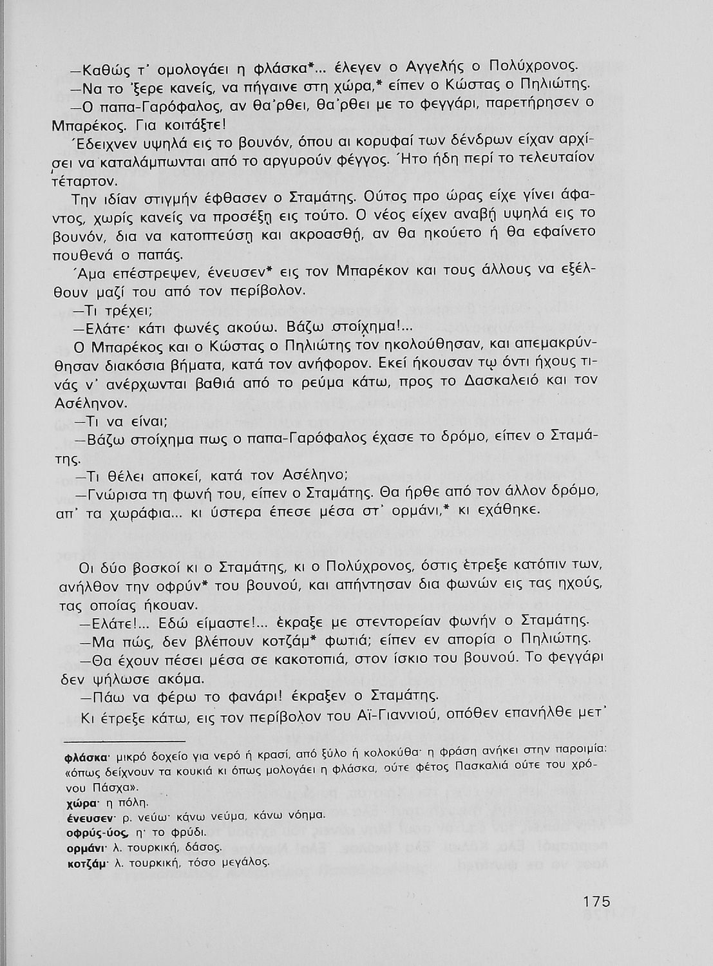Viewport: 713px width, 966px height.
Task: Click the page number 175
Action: click(x=592, y=901)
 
